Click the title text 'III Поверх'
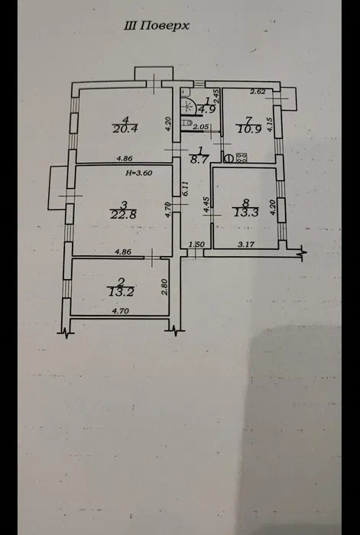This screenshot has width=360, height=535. [156, 26]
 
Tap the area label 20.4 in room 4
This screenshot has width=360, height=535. [125, 129]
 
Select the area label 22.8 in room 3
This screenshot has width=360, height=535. [124, 214]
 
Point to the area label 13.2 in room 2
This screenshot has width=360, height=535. [120, 291]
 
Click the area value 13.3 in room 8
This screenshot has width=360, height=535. [245, 212]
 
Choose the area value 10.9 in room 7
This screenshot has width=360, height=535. [249, 129]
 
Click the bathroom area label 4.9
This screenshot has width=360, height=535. [207, 109]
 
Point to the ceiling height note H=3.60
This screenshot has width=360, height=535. [139, 173]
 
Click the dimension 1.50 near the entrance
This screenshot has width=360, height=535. [196, 245]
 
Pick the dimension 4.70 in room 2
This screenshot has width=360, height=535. [122, 311]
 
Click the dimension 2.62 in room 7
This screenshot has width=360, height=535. [258, 91]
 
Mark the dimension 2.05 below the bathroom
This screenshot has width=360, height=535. [201, 128]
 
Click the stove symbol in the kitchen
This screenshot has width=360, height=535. [242, 157]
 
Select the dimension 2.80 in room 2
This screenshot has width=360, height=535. [164, 284]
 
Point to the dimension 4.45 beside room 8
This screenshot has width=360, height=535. [206, 206]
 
